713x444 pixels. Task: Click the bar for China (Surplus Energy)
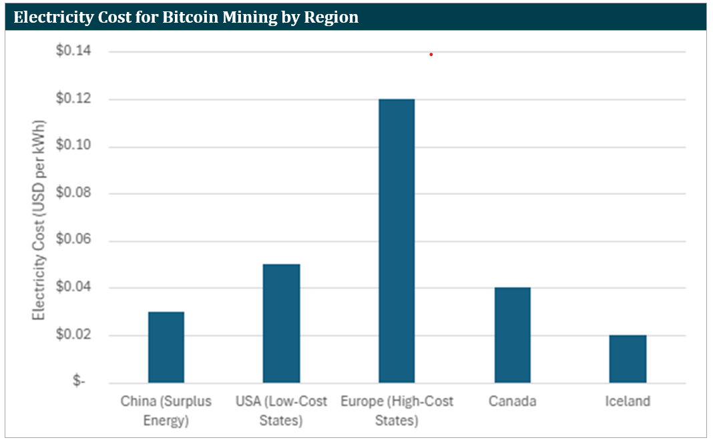click(x=166, y=347)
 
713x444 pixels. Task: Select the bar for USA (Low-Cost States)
click(x=281, y=323)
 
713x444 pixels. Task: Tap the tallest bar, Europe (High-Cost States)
click(x=397, y=240)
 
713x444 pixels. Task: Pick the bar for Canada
click(x=512, y=335)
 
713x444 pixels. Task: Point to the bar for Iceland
click(x=628, y=359)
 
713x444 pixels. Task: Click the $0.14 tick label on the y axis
click(x=73, y=51)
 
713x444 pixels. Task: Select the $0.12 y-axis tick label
click(x=73, y=99)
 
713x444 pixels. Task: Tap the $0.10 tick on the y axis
click(x=73, y=147)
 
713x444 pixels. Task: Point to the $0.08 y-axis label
click(x=73, y=194)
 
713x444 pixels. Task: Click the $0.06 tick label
click(x=73, y=241)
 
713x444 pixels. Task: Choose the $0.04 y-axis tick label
click(x=73, y=288)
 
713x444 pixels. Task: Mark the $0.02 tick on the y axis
click(x=73, y=335)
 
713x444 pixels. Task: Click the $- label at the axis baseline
click(x=79, y=383)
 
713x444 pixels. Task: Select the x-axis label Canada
click(x=512, y=401)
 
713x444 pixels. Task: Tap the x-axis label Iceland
click(x=628, y=401)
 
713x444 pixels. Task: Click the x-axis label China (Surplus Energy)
click(x=166, y=411)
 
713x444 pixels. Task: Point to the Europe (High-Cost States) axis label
click(x=397, y=411)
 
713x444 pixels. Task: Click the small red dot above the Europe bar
click(x=431, y=54)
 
